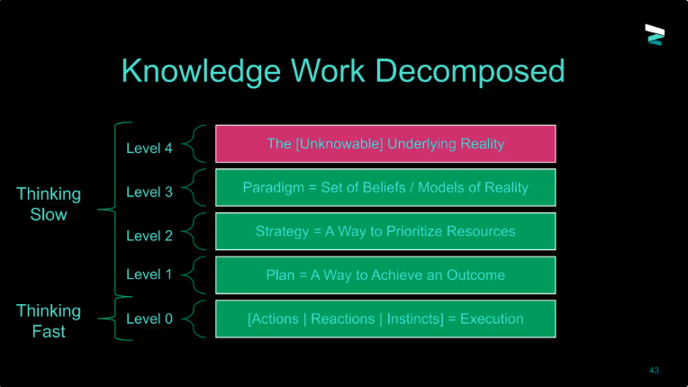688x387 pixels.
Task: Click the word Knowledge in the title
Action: tap(201, 71)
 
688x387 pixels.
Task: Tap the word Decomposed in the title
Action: tap(470, 71)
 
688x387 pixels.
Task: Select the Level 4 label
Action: tap(149, 148)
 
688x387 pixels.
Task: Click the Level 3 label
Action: tap(149, 192)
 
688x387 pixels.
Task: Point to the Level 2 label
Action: tap(149, 236)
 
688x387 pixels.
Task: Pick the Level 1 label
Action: tap(149, 274)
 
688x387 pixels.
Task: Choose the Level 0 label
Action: tap(149, 319)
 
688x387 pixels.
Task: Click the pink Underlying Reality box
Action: tap(385, 144)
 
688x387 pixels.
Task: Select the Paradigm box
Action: tap(385, 187)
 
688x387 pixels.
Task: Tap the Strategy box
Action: tap(385, 231)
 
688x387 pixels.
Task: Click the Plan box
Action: tap(385, 275)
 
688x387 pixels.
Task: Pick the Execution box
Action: tap(385, 319)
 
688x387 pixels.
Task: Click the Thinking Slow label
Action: tap(49, 204)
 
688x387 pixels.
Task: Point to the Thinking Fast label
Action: tap(49, 320)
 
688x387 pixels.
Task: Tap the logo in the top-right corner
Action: tap(655, 34)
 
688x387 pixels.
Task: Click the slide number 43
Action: tap(654, 370)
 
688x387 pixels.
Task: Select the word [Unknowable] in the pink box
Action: tap(339, 144)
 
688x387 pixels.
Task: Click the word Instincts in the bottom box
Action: tap(415, 319)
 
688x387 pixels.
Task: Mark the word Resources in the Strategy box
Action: tap(481, 231)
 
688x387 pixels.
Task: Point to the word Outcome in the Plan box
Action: tap(475, 275)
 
